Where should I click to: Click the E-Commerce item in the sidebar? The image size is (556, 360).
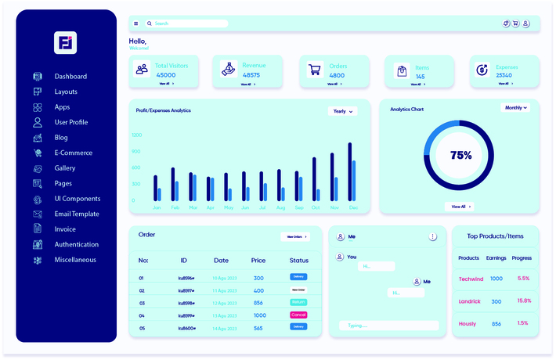[73, 153]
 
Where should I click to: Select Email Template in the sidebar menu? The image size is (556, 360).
[76, 214]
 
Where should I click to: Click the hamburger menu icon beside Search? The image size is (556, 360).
[135, 23]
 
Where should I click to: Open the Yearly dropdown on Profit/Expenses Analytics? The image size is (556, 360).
[342, 111]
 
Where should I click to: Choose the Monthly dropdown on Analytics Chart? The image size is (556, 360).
[515, 108]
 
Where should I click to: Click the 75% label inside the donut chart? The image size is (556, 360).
[460, 155]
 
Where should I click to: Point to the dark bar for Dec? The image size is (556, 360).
[349, 172]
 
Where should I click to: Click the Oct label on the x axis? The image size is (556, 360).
[316, 207]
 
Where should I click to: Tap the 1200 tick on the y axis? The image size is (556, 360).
[136, 135]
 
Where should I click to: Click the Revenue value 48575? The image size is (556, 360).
[251, 75]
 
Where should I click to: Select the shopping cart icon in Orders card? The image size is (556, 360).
[315, 70]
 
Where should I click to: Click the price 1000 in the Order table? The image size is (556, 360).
[259, 315]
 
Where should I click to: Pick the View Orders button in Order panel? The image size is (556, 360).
[295, 236]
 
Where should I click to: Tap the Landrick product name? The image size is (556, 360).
[469, 301]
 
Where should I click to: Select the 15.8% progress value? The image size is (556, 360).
[524, 301]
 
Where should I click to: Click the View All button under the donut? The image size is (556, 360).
[460, 207]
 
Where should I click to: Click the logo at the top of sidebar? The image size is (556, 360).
[66, 42]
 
